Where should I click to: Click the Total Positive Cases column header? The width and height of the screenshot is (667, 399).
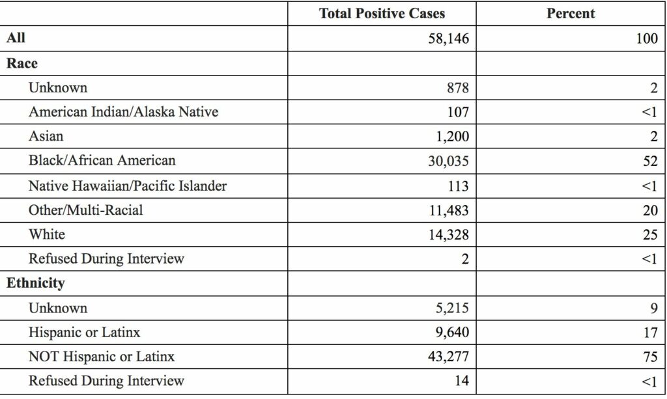[x=382, y=14]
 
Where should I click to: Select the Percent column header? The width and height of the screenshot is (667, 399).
[x=571, y=14]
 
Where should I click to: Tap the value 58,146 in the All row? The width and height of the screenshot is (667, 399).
[x=446, y=38]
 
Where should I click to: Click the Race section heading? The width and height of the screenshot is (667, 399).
[x=22, y=63]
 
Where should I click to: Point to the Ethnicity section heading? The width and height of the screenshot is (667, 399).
[x=35, y=283]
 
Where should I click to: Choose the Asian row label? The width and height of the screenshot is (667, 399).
[x=46, y=136]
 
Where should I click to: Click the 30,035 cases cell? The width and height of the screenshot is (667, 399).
[x=446, y=161]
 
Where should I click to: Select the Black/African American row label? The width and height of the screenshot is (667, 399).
[x=102, y=160]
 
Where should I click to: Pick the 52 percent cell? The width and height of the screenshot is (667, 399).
[x=649, y=161]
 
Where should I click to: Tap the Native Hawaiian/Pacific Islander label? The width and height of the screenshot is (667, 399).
[x=128, y=186]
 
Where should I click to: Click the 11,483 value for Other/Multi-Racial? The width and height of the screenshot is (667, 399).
[x=446, y=210]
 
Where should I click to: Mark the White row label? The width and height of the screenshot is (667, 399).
[x=46, y=234]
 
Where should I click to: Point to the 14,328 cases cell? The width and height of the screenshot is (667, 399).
[x=446, y=234]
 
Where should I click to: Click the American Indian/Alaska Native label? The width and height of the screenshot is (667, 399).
[x=123, y=112]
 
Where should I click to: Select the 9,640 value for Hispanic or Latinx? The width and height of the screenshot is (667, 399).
[x=449, y=332]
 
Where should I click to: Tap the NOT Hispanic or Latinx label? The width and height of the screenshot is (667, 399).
[x=102, y=357]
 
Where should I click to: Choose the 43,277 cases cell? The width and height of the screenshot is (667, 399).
[x=446, y=357]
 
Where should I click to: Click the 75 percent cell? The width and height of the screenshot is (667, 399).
[x=649, y=357]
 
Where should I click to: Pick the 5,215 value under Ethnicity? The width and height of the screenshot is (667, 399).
[x=449, y=308]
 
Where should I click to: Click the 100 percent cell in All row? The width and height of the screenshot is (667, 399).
[x=647, y=38]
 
